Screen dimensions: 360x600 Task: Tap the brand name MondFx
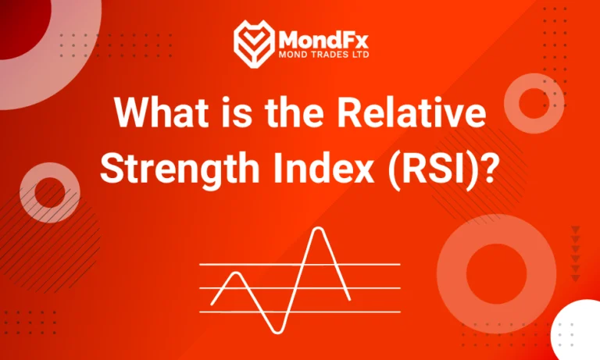318,36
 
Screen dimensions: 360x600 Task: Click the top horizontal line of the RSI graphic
375,264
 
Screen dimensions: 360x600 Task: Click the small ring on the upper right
534,102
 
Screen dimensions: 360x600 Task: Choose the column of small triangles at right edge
576,253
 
